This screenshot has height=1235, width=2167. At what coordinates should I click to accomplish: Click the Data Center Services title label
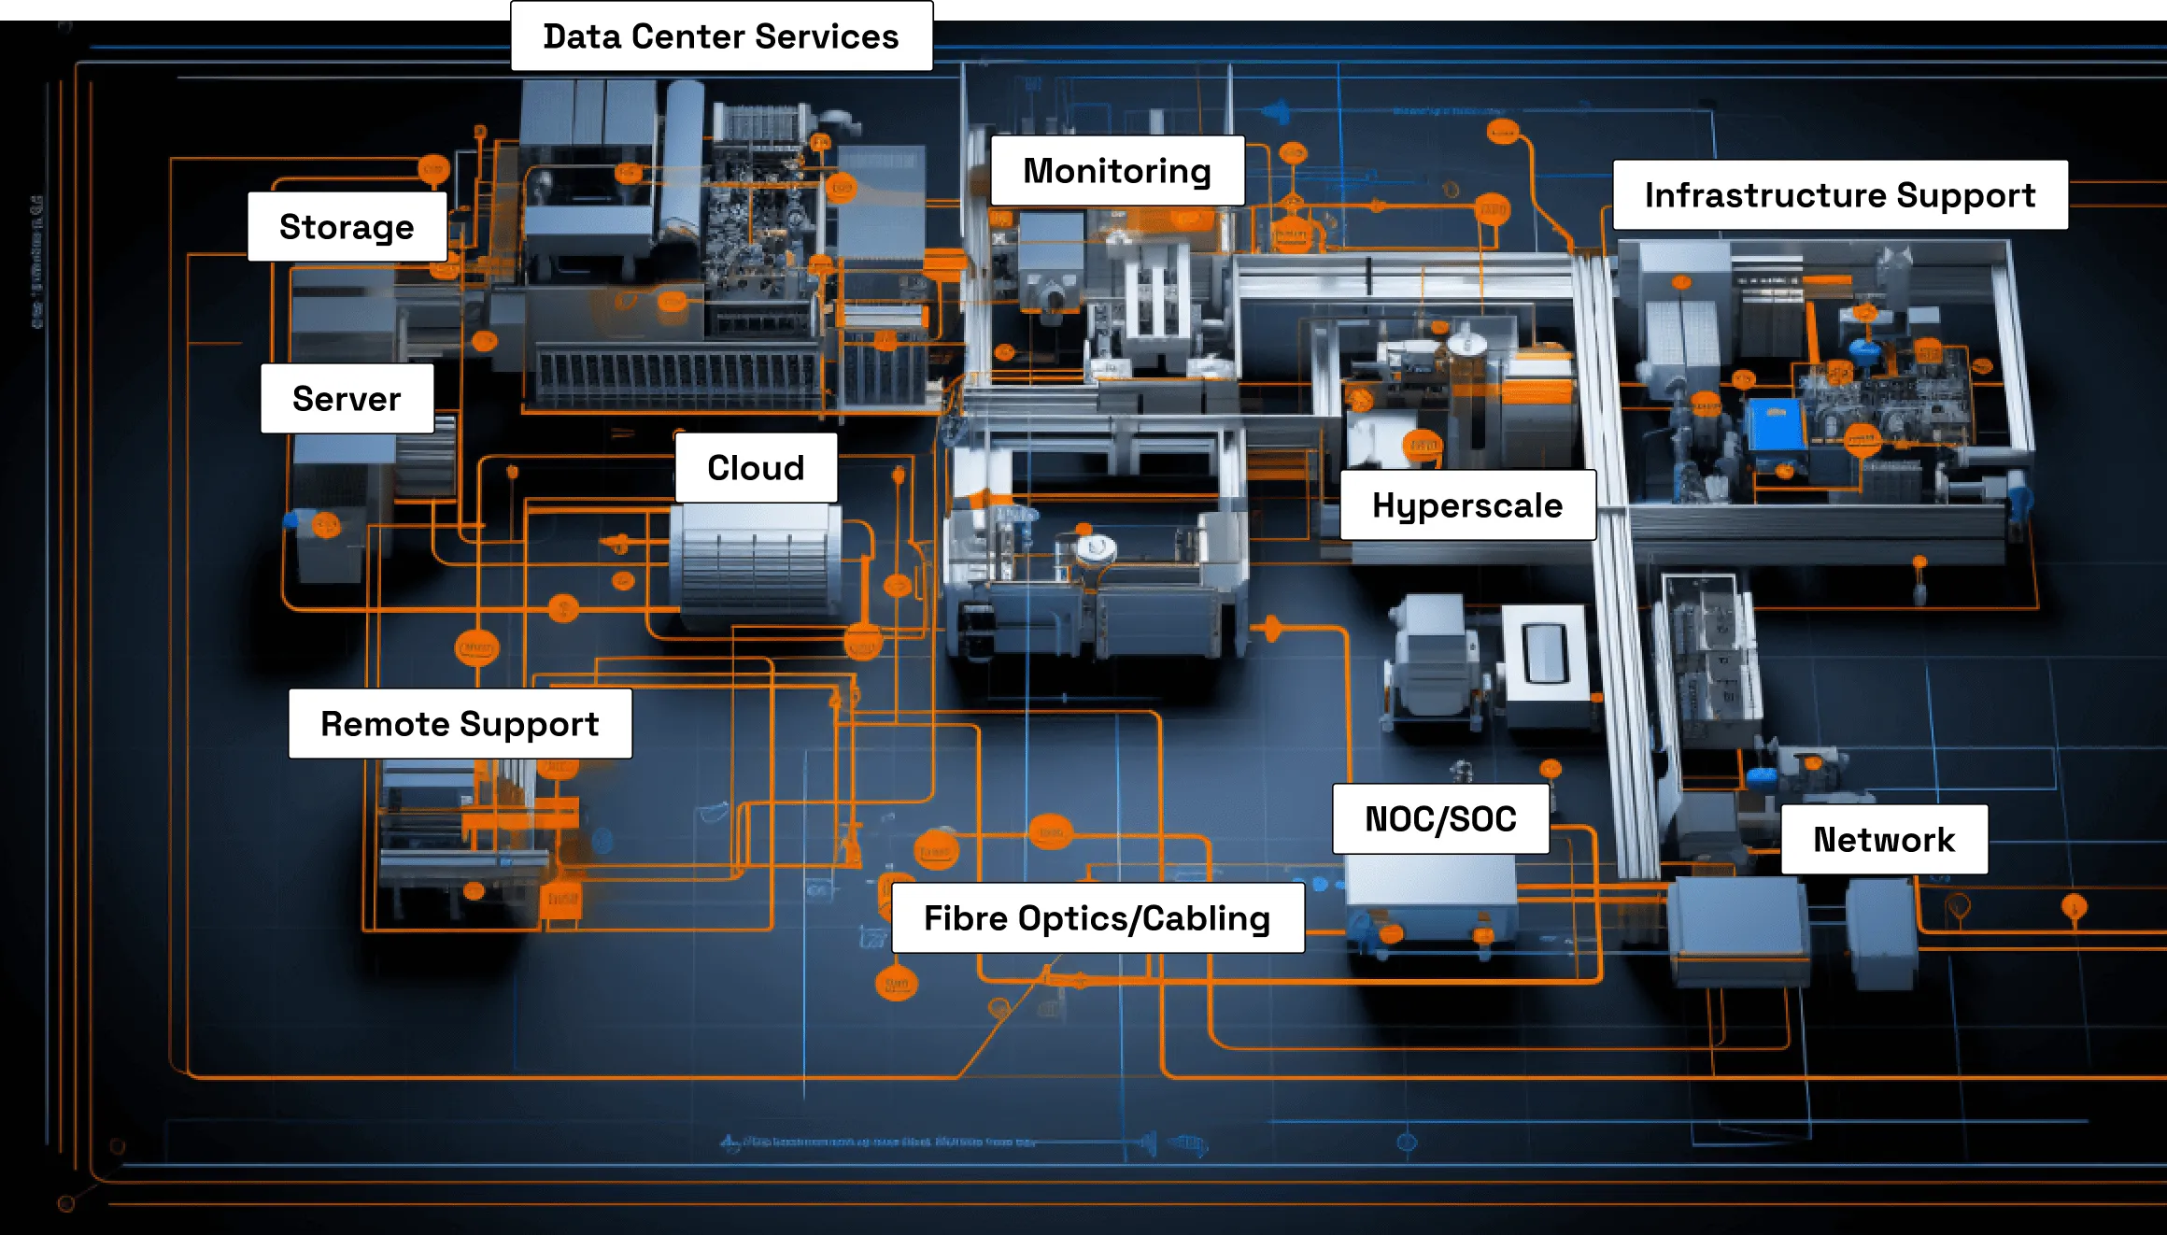720,36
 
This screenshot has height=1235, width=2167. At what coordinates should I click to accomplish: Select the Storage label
347,227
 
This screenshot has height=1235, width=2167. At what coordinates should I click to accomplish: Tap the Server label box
347,399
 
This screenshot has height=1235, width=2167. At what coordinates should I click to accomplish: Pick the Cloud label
756,468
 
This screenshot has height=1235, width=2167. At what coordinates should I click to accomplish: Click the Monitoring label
1117,171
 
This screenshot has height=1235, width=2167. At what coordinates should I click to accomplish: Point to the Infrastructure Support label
1840,195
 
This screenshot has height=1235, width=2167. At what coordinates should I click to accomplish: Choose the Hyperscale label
1467,505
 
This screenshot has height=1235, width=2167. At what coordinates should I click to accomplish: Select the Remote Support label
460,724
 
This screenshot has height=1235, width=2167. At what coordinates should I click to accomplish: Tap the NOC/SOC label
1440,819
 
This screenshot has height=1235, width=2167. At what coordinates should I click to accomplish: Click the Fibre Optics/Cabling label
1098,918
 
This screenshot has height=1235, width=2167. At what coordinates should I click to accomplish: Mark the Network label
1884,840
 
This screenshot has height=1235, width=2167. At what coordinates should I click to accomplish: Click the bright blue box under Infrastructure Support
1775,426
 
